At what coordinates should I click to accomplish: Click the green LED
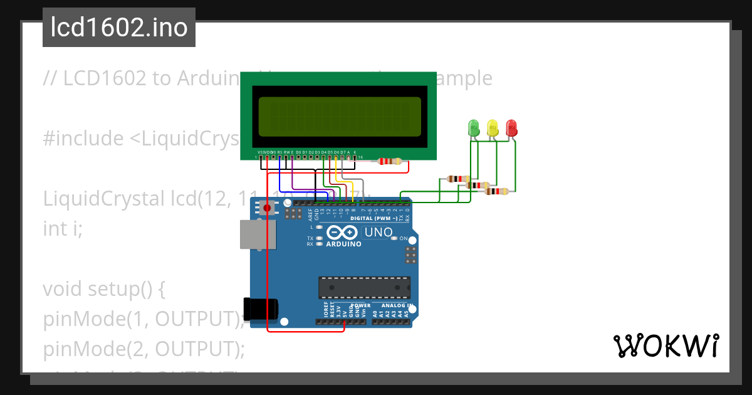click(x=474, y=128)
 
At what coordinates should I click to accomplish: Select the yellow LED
click(x=493, y=128)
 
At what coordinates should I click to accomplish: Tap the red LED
click(x=511, y=128)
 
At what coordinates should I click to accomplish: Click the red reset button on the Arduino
click(x=268, y=208)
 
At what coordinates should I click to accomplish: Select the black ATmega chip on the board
click(x=364, y=287)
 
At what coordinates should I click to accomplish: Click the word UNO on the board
click(x=379, y=233)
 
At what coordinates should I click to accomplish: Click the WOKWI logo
click(x=666, y=345)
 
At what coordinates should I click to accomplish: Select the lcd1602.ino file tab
click(x=119, y=28)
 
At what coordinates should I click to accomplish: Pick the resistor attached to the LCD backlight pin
click(x=390, y=161)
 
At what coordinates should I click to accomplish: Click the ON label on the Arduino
click(x=404, y=239)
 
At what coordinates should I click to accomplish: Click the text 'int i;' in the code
click(x=63, y=229)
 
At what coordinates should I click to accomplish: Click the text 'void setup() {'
click(x=103, y=289)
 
